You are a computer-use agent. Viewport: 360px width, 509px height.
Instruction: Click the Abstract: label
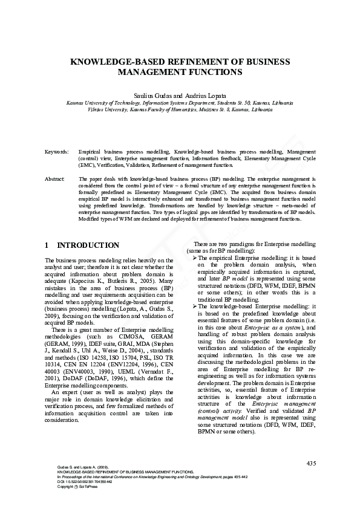(x=55, y=180)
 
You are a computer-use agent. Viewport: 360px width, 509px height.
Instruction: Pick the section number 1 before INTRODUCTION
(x=47, y=245)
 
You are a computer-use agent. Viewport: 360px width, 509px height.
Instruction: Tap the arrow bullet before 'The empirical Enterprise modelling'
(x=195, y=258)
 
